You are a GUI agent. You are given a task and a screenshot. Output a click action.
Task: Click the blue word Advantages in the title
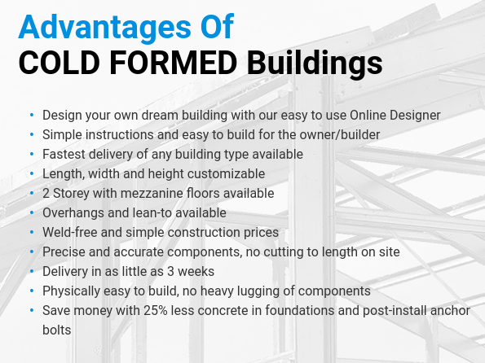pos(105,28)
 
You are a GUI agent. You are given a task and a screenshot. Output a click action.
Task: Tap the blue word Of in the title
pos(217,27)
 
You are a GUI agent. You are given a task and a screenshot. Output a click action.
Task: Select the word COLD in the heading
pos(59,63)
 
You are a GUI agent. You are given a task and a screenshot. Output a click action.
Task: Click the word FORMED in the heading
pos(173,63)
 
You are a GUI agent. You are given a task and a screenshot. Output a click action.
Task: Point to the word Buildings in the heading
pos(315,63)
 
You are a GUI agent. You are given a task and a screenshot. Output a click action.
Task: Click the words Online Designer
pos(395,116)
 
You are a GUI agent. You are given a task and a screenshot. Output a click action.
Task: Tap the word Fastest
pos(64,154)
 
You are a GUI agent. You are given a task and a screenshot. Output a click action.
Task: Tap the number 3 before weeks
pos(170,272)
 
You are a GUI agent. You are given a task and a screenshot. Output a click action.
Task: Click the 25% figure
pos(155,310)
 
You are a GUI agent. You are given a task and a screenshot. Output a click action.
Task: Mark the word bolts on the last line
pos(57,330)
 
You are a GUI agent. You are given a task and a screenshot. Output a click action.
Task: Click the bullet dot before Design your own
pos(32,116)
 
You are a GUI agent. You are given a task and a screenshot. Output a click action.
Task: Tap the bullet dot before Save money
pos(32,310)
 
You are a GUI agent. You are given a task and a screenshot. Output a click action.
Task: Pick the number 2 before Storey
pos(46,194)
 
